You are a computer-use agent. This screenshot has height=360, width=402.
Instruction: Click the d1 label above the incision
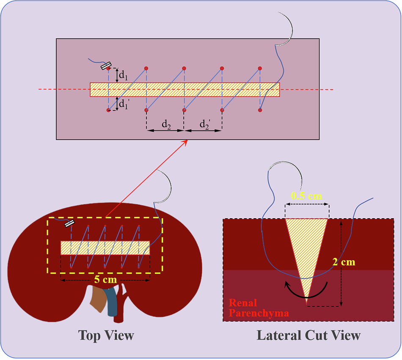[x=123, y=76]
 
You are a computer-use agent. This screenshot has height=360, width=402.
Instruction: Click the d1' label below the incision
[x=123, y=103]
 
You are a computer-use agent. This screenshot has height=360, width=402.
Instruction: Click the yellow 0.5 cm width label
[x=307, y=196]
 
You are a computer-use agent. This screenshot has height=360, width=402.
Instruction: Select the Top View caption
[x=106, y=335]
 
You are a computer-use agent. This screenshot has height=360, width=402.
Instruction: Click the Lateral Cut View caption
[x=308, y=335]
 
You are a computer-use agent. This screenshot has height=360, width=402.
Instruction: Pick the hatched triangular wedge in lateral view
[x=307, y=245]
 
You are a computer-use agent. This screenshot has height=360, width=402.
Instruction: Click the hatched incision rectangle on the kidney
[x=105, y=248]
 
